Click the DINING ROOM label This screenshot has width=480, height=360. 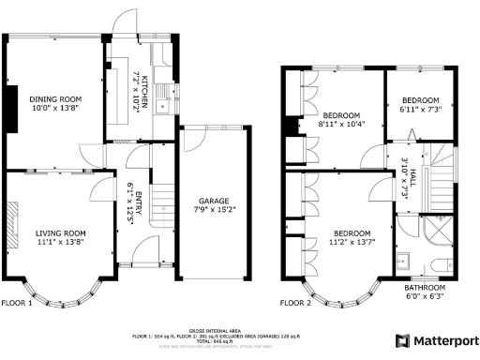point(51,97)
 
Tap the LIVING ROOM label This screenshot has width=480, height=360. point(61,232)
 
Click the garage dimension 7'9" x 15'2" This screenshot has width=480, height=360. point(215,211)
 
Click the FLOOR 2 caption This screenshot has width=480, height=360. point(295,303)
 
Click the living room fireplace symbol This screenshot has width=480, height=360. point(11,228)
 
